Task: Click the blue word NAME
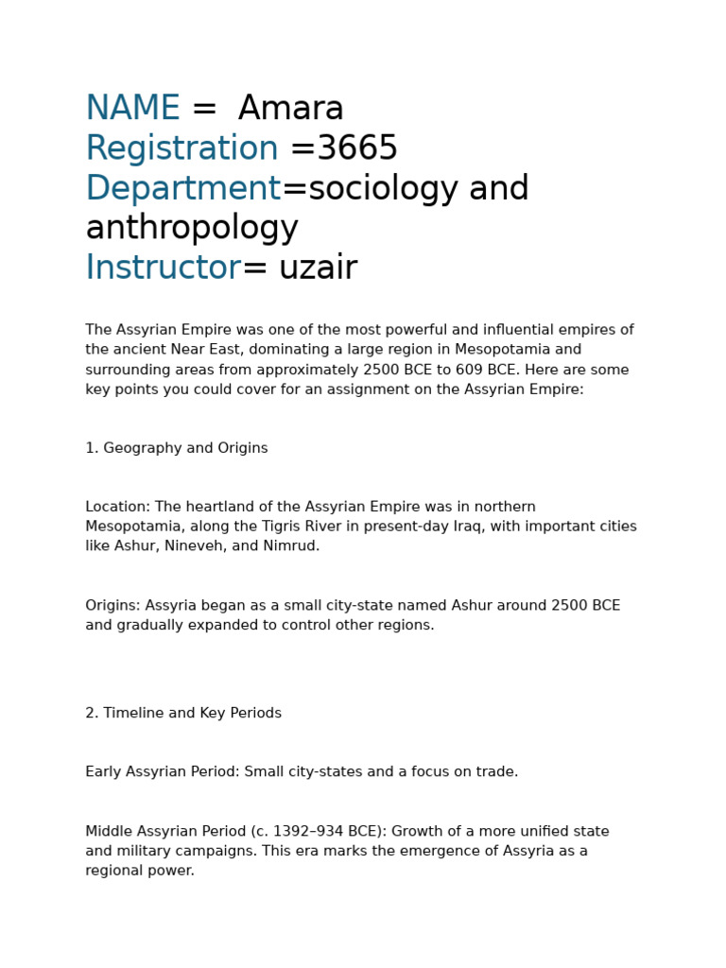(132, 109)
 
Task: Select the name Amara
(291, 109)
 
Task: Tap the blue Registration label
(181, 148)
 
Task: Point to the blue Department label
(182, 189)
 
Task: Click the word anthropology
(192, 228)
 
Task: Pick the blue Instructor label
(163, 268)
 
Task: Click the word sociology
(384, 189)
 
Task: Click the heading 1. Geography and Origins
(177, 448)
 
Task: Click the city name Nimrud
(294, 546)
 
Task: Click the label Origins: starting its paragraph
(111, 605)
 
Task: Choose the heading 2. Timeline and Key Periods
(183, 713)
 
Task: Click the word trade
(497, 771)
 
